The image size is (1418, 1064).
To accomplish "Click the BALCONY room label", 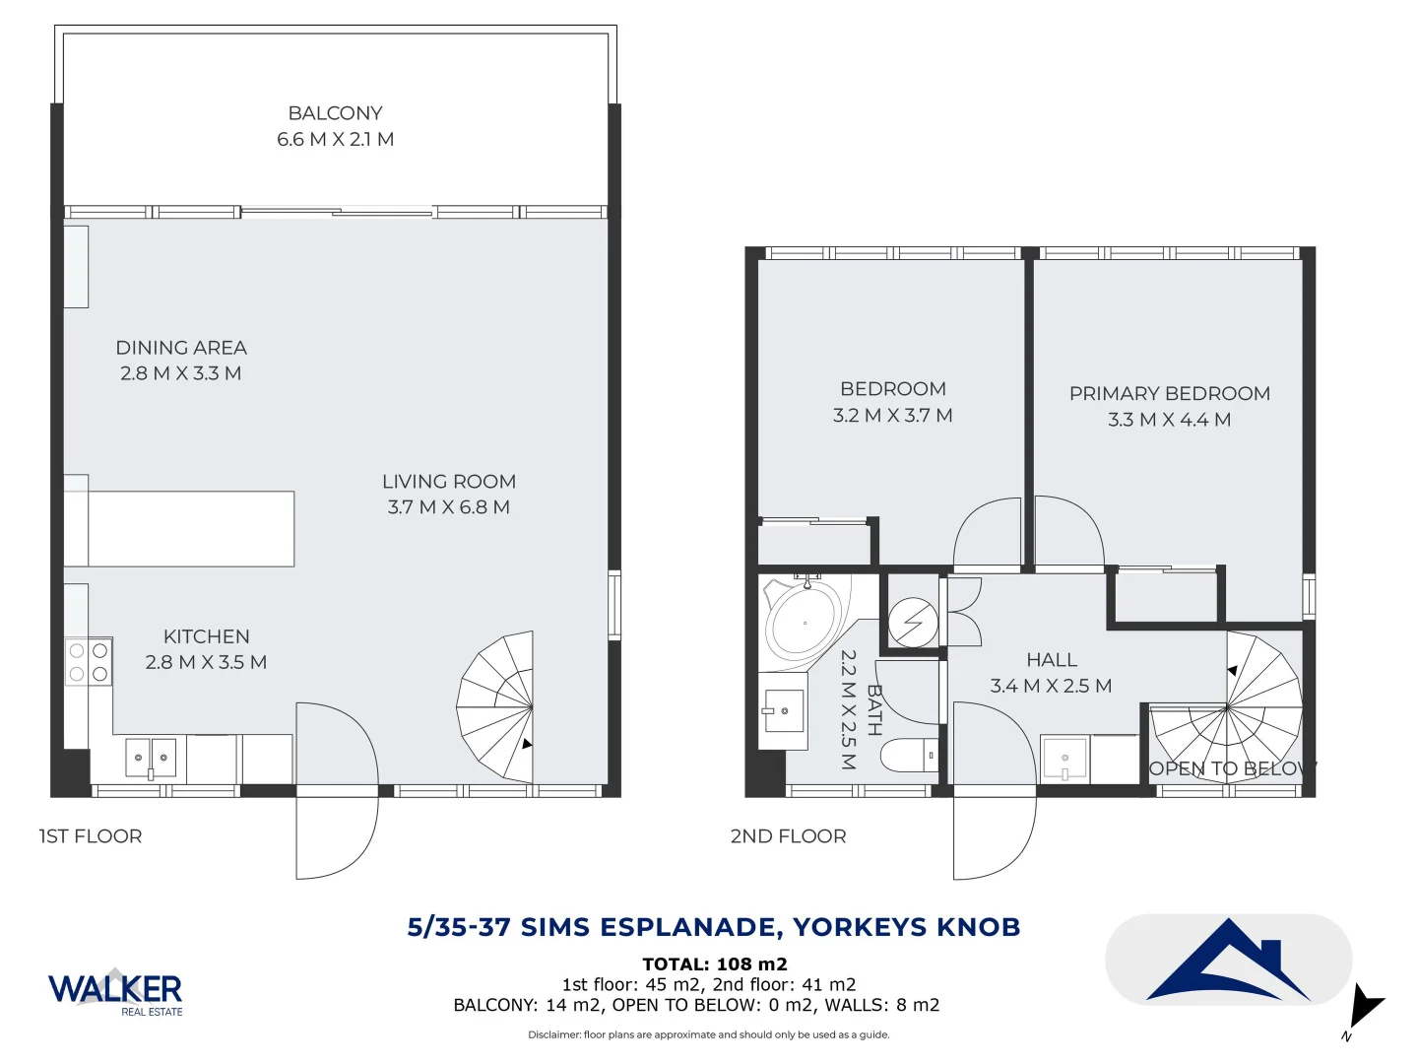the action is click(335, 113).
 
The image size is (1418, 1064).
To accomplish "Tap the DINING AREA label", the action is click(181, 348).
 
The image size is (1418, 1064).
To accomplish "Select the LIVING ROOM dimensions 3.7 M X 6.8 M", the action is click(448, 507).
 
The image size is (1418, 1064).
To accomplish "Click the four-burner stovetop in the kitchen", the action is click(89, 661).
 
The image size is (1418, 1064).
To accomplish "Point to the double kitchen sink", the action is click(151, 758).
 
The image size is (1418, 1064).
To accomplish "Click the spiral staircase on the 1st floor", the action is click(495, 706).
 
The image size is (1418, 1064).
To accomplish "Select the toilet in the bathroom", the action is click(909, 756).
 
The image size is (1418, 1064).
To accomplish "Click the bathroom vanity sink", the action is click(784, 710).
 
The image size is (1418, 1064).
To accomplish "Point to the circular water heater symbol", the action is click(913, 622).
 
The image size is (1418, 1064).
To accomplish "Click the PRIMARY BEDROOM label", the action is click(1169, 393).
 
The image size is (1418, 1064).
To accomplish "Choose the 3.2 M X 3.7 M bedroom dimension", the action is click(892, 416).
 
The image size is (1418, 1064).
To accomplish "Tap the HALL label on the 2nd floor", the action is click(1052, 660).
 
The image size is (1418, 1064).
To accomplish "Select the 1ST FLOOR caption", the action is click(91, 836).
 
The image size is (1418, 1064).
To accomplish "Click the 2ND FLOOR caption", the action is click(788, 836).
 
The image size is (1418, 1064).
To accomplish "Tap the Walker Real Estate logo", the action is click(115, 992).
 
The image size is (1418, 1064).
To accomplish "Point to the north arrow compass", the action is click(1365, 1009).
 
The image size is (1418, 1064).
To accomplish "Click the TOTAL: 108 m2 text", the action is click(715, 964).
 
